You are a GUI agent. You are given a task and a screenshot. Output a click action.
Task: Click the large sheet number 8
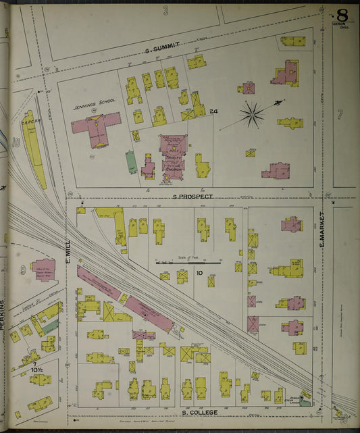coord(342,14)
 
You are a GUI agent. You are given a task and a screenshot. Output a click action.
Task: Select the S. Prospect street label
coord(192,197)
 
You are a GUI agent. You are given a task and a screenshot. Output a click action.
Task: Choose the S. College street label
coord(198,411)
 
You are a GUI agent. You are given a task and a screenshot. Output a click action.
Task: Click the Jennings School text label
coord(94,101)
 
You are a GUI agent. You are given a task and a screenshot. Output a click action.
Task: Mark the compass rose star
coord(252,114)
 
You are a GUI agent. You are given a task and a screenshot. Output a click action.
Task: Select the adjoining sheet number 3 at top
coord(165,9)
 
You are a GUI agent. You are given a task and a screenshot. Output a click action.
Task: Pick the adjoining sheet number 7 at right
coord(340,114)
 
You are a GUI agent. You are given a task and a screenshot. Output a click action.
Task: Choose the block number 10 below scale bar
coord(199,272)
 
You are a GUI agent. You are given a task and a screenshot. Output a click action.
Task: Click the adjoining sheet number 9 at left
coord(22,270)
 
